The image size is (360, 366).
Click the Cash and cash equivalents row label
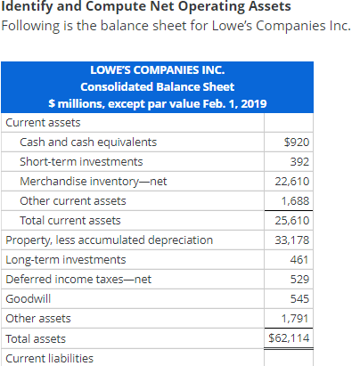click(88, 142)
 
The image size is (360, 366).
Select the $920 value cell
click(297, 142)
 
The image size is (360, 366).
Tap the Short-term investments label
click(81, 162)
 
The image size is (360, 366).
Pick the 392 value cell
click(299, 162)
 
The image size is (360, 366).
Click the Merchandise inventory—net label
click(94, 182)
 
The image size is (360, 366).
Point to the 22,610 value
click(292, 182)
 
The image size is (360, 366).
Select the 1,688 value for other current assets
click(295, 201)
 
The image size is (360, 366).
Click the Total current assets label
click(70, 221)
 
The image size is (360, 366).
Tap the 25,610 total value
click(292, 221)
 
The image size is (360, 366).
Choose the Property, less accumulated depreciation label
click(110, 240)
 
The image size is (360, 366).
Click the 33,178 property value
click(292, 240)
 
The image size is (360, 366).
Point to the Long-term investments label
click(66, 260)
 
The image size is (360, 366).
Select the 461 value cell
click(299, 260)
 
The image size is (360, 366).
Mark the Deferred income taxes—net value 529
click(299, 280)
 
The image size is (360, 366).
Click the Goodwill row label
click(29, 299)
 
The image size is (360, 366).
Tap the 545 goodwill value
click(299, 299)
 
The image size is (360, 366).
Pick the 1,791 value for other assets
click(295, 319)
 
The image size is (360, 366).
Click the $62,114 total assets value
click(289, 338)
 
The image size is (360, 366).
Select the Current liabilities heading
click(49, 358)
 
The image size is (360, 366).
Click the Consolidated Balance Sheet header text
click(158, 87)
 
